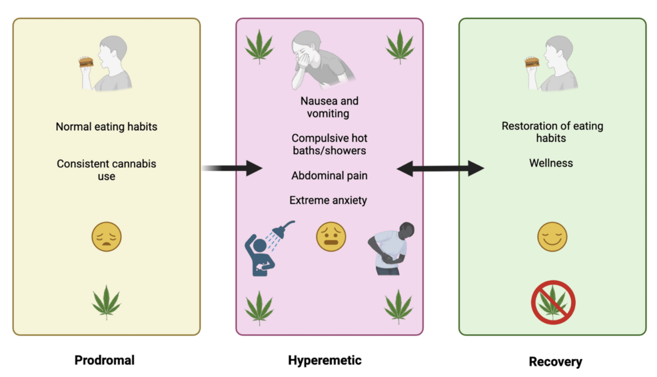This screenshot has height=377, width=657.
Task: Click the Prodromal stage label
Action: click(x=105, y=360)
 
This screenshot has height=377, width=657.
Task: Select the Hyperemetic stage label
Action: click(x=325, y=360)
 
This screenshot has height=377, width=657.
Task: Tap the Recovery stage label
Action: click(x=555, y=362)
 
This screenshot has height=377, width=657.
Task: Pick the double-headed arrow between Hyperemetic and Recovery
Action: click(x=440, y=169)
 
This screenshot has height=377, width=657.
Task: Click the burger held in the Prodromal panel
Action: click(x=85, y=63)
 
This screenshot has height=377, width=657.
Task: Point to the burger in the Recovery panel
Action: click(x=531, y=63)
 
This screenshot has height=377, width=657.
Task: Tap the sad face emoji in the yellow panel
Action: click(x=107, y=237)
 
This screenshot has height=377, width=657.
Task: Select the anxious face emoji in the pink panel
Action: click(x=330, y=237)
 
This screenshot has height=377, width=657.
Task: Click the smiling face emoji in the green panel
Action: click(x=552, y=237)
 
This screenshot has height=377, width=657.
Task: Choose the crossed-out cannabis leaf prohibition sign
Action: click(x=553, y=302)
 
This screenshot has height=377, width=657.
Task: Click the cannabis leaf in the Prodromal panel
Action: click(x=107, y=302)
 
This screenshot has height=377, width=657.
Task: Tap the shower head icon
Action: click(x=284, y=231)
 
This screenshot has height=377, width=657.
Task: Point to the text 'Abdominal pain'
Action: click(x=329, y=176)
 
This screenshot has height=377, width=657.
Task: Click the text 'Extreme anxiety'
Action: click(x=328, y=200)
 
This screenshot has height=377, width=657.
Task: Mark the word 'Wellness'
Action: click(x=551, y=163)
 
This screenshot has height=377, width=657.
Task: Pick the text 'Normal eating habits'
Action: click(x=107, y=126)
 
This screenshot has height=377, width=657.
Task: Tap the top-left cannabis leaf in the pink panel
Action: click(x=259, y=47)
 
